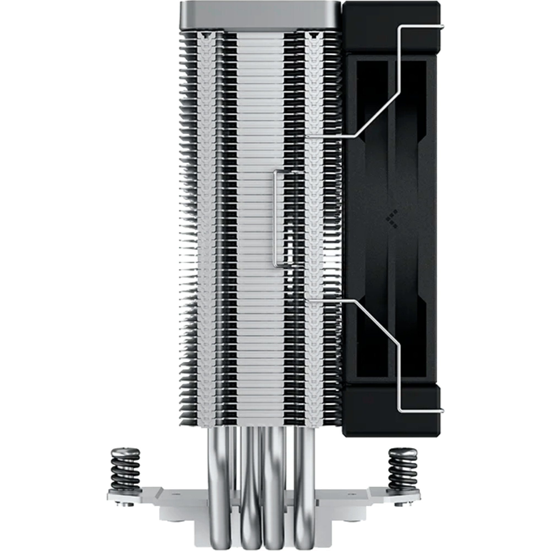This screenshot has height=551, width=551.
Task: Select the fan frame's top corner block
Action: click(391, 26)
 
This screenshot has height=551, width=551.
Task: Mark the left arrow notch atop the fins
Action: click(205, 35)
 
